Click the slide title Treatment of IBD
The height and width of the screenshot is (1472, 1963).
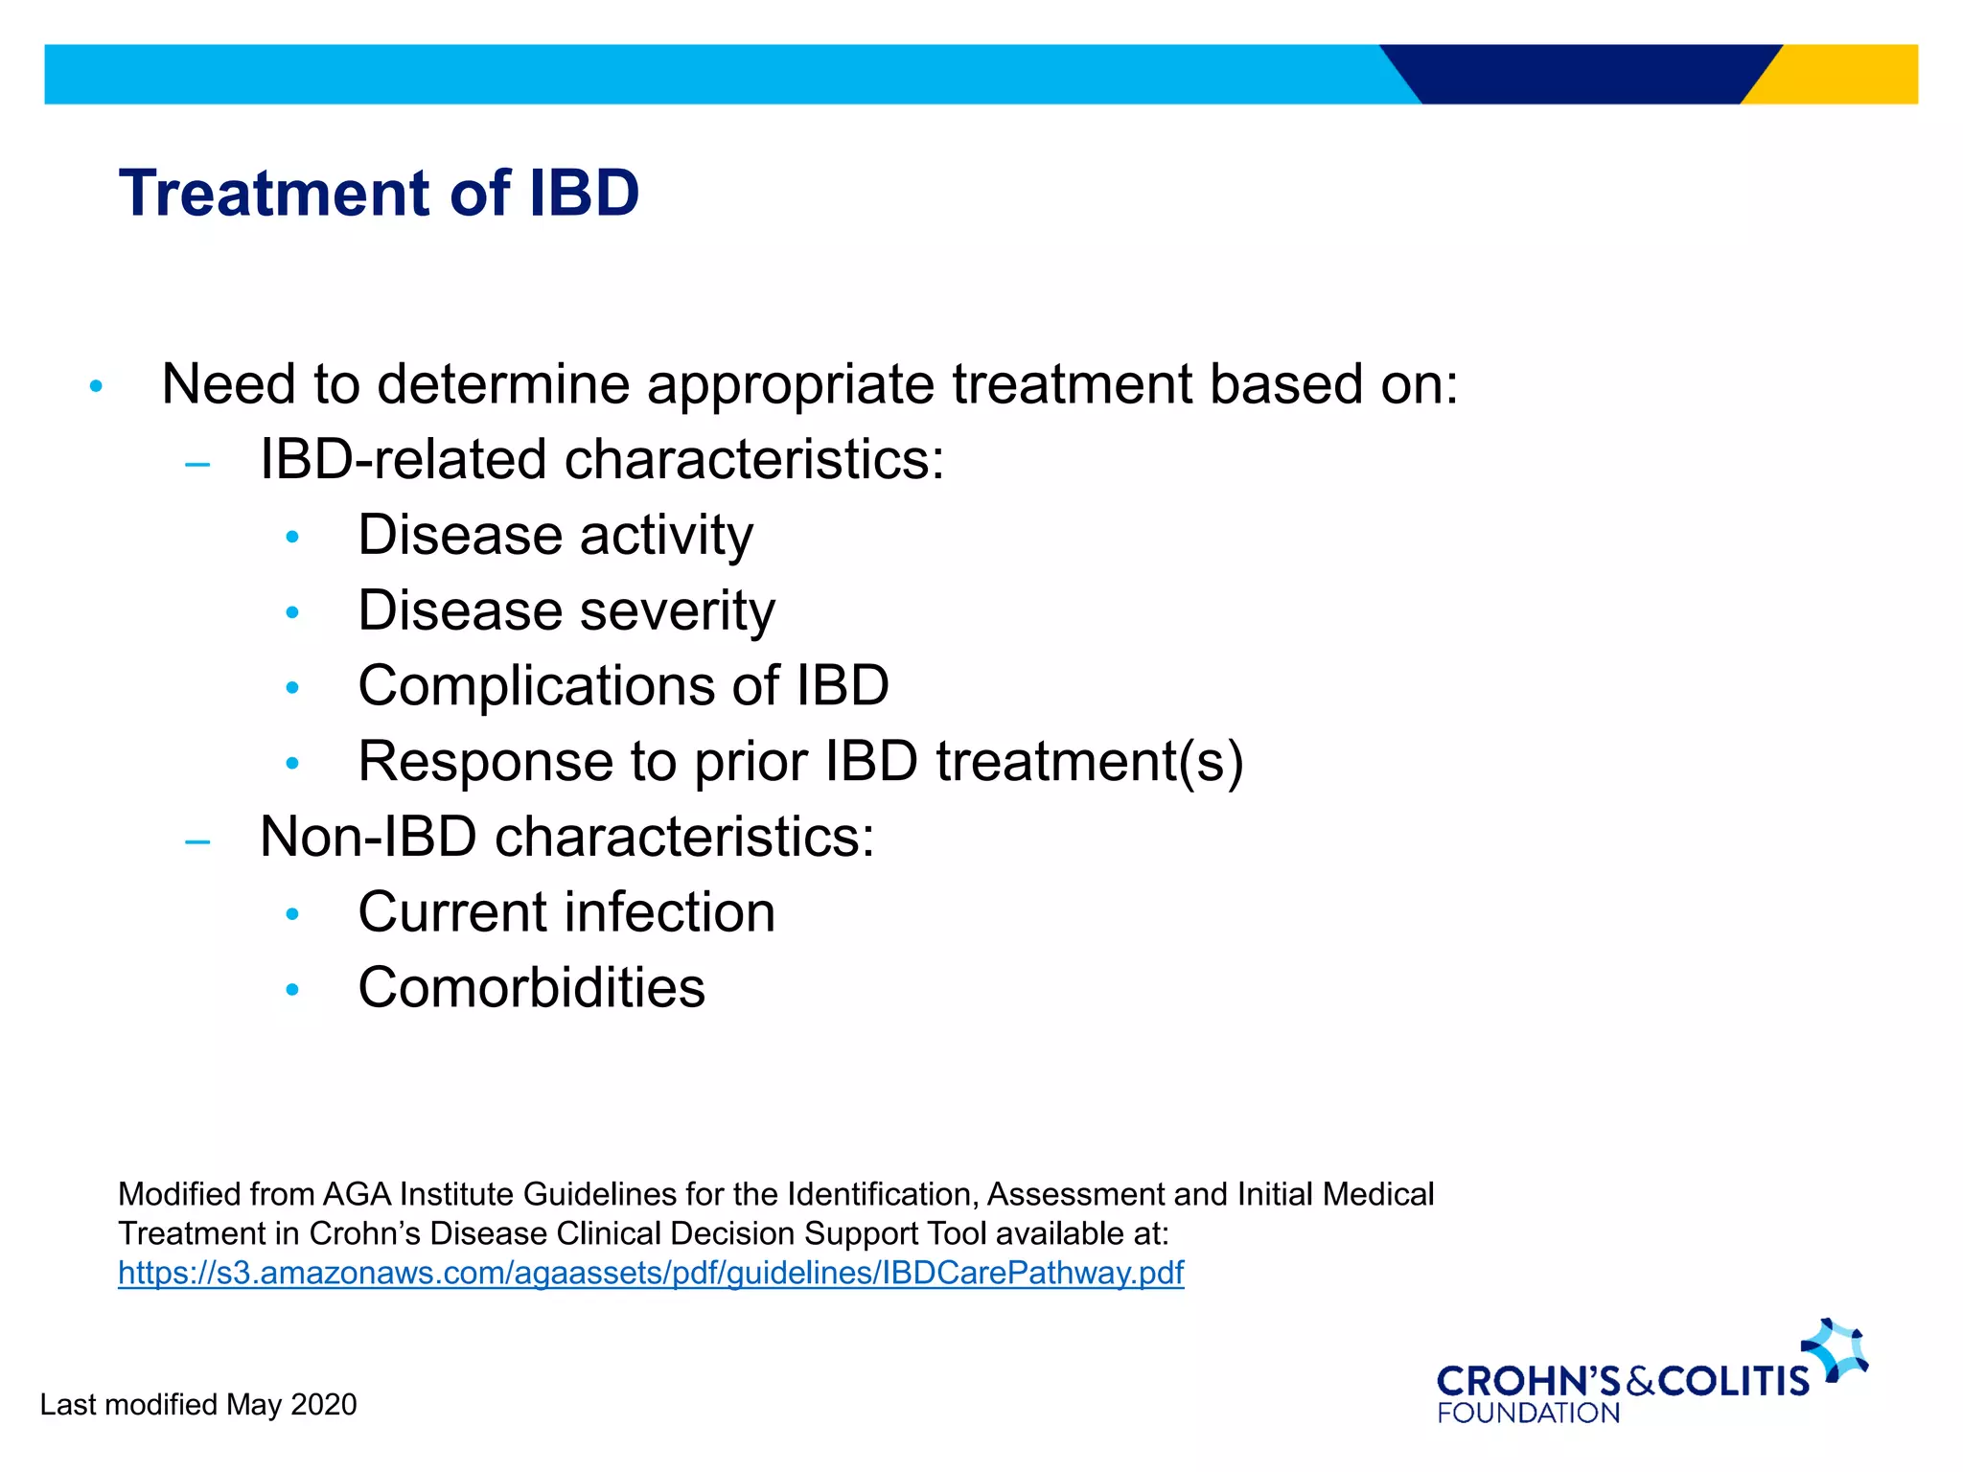(x=379, y=194)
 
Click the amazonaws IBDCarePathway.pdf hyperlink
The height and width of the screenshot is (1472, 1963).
(x=651, y=1273)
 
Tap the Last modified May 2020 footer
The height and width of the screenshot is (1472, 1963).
(x=197, y=1404)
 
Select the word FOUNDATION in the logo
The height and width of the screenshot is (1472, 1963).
(x=1528, y=1413)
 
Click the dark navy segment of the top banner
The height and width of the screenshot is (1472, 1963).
(x=1582, y=74)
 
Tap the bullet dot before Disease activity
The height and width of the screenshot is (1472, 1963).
(x=292, y=537)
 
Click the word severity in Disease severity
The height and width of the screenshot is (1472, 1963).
(x=677, y=611)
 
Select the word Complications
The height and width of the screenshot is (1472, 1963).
(x=536, y=686)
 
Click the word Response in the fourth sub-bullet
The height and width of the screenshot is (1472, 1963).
(x=485, y=762)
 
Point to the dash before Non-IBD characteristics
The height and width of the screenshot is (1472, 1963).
(x=197, y=842)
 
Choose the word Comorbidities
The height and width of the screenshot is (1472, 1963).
(x=531, y=988)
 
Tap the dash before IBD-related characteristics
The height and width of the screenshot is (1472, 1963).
(x=197, y=466)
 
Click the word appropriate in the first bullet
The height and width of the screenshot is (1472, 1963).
(x=790, y=385)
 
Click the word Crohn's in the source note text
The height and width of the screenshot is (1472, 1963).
(x=364, y=1233)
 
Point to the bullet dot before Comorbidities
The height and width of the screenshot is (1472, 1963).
(x=292, y=989)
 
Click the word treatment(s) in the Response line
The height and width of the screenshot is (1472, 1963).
(x=1089, y=762)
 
